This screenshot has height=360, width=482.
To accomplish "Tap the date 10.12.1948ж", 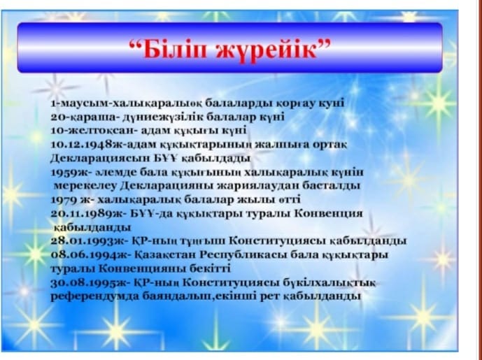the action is coord(86,144).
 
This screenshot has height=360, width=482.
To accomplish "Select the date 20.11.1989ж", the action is coord(87,213).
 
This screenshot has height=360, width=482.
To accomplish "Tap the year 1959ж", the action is coord(69,172).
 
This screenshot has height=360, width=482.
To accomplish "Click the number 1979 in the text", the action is coord(64,200).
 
